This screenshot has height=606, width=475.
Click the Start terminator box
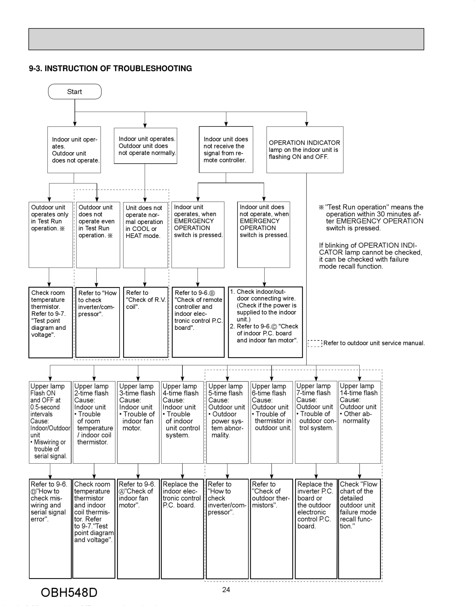[74, 91]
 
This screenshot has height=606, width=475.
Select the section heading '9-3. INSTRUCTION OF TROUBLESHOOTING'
[110, 68]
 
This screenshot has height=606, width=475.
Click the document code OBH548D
[69, 592]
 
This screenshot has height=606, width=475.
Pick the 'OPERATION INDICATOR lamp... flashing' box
[305, 150]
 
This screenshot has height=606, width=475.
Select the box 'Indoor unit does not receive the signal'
[226, 150]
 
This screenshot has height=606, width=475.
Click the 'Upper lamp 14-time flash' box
[359, 422]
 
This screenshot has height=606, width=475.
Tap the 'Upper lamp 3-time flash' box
[138, 422]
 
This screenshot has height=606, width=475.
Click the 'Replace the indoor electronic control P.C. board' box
[182, 528]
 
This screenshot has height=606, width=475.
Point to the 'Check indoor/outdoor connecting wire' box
[265, 322]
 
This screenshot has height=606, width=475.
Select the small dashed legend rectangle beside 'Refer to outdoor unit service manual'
[315, 343]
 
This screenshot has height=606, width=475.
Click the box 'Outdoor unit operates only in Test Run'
[51, 235]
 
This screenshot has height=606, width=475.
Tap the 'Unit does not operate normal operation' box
[145, 235]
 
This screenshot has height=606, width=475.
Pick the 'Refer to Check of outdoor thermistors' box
[271, 528]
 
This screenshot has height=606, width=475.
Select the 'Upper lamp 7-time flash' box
[316, 422]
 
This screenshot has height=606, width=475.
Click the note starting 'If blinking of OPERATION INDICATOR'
[370, 256]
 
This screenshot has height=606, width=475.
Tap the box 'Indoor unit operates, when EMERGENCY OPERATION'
[198, 235]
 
